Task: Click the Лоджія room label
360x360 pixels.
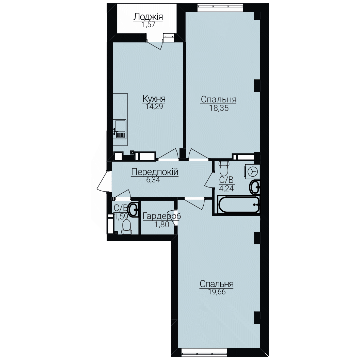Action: [148, 17]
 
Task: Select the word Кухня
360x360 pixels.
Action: [154, 99]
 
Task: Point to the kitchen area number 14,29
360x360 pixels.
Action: [154, 107]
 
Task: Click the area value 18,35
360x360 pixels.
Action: [219, 108]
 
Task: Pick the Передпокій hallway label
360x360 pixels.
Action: [155, 172]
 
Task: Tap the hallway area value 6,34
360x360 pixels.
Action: [153, 180]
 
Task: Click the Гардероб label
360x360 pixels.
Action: [162, 216]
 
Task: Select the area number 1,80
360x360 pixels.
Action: [162, 224]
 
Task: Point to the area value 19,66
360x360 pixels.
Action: [217, 292]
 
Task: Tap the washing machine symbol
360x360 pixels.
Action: [252, 172]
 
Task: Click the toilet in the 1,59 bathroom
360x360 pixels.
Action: [126, 227]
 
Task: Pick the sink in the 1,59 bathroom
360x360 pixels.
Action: [133, 209]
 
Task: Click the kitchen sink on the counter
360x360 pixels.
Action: [120, 129]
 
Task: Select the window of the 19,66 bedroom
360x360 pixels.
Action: [204, 352]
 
